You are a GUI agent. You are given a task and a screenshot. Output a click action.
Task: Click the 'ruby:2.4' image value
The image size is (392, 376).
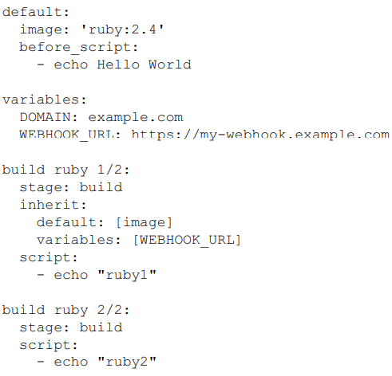point(122,29)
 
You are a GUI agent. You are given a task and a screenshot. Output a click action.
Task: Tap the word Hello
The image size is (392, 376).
point(118,65)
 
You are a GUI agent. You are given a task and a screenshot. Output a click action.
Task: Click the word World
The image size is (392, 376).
point(170,65)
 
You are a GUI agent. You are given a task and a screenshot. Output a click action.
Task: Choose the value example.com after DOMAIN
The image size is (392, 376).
point(136,118)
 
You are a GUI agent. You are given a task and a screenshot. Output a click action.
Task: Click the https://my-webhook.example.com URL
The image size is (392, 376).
point(260,135)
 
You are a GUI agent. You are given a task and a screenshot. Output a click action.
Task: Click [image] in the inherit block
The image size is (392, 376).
point(144,222)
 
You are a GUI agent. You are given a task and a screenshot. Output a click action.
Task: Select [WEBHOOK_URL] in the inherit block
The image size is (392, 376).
point(187,240)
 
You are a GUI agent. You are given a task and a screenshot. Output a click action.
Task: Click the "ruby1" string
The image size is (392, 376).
point(127,275)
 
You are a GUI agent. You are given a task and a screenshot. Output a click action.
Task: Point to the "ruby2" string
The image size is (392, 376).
point(127,362)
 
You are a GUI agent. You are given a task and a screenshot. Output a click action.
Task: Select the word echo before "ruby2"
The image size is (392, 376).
point(71,362)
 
